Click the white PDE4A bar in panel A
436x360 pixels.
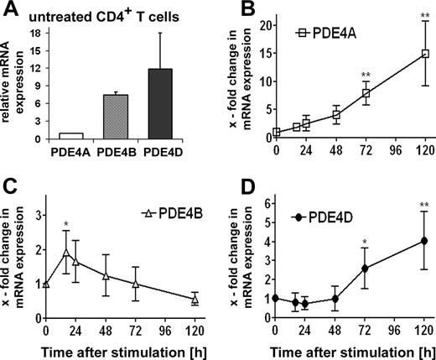pos(73,134)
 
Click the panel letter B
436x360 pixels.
pos(237,12)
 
